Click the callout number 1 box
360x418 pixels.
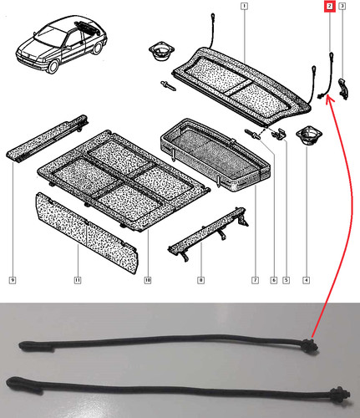coord(244,6)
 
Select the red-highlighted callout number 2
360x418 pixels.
coord(330,6)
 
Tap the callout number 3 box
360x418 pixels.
coord(342,6)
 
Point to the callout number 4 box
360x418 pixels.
coord(306,280)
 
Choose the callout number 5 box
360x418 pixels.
coord(286,280)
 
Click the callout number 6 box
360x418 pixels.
coord(274,280)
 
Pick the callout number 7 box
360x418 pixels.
coord(255,280)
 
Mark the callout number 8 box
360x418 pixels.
coord(200,280)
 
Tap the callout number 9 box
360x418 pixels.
coord(13,280)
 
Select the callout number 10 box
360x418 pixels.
coord(148,280)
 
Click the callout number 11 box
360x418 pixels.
coord(78,280)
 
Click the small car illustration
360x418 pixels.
coord(61,44)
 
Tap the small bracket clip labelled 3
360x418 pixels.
coord(343,89)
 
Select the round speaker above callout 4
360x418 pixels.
coord(309,135)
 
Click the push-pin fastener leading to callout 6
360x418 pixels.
coord(252,135)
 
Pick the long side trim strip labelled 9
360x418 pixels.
coord(48,139)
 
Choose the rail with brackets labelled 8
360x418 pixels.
coord(208,233)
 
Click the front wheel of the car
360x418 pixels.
coord(53,67)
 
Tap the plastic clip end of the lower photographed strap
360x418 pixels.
coord(339,394)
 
